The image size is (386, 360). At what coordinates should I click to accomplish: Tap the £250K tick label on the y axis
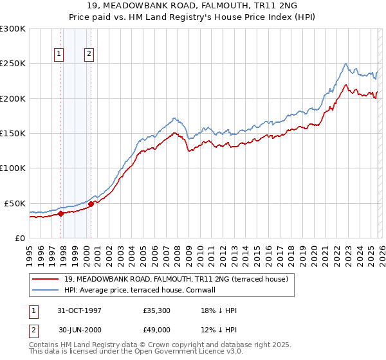[13, 64]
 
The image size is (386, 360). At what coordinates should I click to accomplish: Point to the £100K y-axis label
[13, 168]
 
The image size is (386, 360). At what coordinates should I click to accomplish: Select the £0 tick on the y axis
[20, 238]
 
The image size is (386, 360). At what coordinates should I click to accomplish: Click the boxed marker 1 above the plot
[59, 54]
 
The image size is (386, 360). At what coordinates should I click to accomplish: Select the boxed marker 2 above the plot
[88, 54]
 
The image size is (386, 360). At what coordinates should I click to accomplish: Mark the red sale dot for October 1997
[61, 213]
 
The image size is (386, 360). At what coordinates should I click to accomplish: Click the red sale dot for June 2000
[91, 204]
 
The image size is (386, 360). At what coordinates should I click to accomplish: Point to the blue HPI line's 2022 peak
[346, 64]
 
